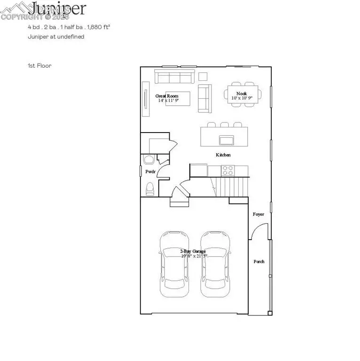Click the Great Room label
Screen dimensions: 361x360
tap(167, 96)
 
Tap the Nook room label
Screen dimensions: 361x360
tap(242, 94)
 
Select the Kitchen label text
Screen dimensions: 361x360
tap(223, 155)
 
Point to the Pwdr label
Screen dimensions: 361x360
tap(150, 172)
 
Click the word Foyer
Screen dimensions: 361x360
tap(258, 214)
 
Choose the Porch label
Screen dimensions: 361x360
tap(259, 261)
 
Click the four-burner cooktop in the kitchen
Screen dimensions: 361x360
tap(228, 170)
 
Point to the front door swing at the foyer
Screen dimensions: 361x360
tap(258, 230)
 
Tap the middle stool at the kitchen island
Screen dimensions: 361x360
tap(225, 125)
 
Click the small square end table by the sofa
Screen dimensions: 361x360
tap(203, 76)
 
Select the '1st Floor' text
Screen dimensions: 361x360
tap(39, 66)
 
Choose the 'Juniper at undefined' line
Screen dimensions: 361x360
tap(55, 37)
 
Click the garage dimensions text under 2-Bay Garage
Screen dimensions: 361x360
tap(193, 257)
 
